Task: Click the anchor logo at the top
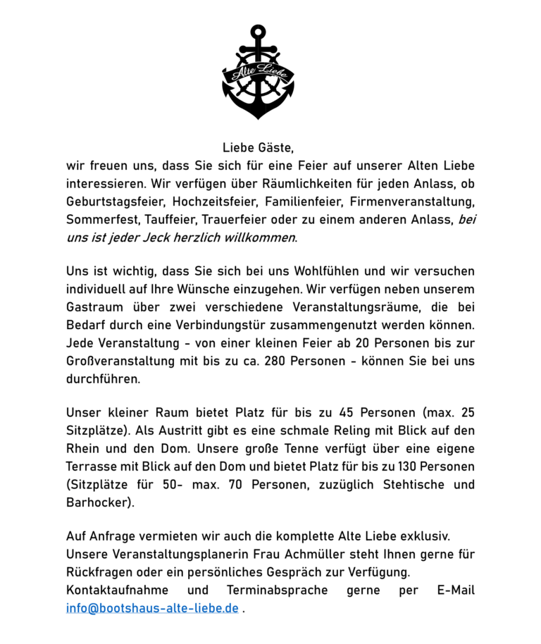coord(258,72)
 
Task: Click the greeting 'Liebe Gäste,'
coord(258,148)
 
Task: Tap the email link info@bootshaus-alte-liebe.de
coord(152,608)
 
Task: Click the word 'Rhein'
coord(85,449)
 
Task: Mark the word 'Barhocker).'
coord(100,502)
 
